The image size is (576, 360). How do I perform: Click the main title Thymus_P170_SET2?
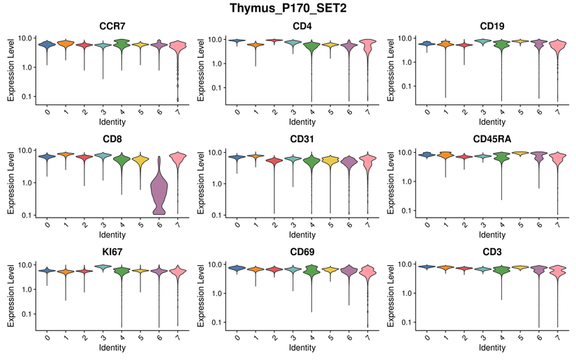pyautogui.click(x=288, y=9)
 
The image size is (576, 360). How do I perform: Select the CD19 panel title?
pyautogui.click(x=492, y=27)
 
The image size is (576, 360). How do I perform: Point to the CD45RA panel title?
pyautogui.click(x=492, y=139)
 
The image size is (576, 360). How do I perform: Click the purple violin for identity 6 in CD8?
pyautogui.click(x=160, y=188)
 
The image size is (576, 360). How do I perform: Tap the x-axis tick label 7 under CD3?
pyautogui.click(x=556, y=336)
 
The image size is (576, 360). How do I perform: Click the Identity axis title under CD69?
pyautogui.click(x=302, y=347)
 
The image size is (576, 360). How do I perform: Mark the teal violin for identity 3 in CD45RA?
pyautogui.click(x=482, y=157)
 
